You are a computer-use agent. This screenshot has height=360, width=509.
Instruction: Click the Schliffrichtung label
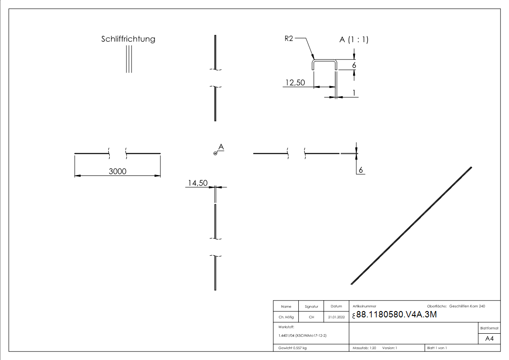click(128, 39)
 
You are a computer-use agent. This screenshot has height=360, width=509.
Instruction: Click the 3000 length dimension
click(117, 171)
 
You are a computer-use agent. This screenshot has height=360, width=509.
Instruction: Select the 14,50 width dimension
click(197, 183)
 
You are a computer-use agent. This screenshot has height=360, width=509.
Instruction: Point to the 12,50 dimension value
click(295, 83)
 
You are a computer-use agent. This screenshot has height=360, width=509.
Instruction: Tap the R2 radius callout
click(289, 39)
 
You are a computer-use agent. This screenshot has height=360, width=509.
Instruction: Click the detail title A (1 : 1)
click(354, 40)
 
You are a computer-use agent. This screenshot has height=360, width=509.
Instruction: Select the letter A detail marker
click(221, 147)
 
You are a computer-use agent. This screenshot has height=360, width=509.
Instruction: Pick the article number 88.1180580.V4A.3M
click(396, 315)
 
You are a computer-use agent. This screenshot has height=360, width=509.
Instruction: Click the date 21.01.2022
click(336, 317)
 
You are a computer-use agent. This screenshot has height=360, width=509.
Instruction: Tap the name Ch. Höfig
click(286, 317)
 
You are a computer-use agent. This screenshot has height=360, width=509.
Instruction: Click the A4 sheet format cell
click(489, 339)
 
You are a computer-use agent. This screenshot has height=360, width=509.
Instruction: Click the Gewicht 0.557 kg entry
click(292, 348)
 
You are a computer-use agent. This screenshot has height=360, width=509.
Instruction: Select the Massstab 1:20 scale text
click(364, 348)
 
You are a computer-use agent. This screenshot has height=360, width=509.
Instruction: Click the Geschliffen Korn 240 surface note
click(467, 306)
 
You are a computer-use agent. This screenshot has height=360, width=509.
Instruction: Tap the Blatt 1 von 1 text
click(437, 348)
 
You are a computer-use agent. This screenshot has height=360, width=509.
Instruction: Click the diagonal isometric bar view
click(411, 226)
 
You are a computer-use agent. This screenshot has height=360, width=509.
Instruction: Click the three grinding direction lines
click(129, 59)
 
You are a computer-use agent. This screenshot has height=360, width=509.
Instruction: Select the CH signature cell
click(311, 317)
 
